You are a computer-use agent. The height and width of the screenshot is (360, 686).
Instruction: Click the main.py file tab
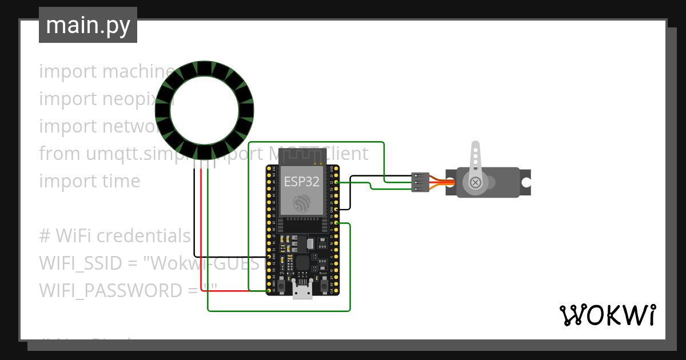(87, 26)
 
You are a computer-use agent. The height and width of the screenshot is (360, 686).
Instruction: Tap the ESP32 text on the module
(301, 182)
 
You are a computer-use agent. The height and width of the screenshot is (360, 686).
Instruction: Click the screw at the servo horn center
(475, 183)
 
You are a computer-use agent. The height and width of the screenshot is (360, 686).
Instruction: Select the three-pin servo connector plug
(420, 182)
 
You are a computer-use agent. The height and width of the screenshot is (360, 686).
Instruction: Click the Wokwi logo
(607, 315)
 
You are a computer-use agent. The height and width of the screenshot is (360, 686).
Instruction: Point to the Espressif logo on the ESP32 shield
(301, 203)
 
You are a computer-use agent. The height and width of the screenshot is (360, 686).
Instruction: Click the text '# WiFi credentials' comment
(115, 235)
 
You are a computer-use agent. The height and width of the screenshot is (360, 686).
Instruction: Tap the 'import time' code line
(90, 181)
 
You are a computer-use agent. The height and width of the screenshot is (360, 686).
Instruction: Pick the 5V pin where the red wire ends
(269, 291)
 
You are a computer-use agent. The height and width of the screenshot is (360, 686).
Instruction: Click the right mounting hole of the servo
(525, 183)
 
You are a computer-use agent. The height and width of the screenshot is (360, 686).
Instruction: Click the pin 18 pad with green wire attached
(336, 223)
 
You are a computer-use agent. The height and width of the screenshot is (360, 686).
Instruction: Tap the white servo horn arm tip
(474, 147)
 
